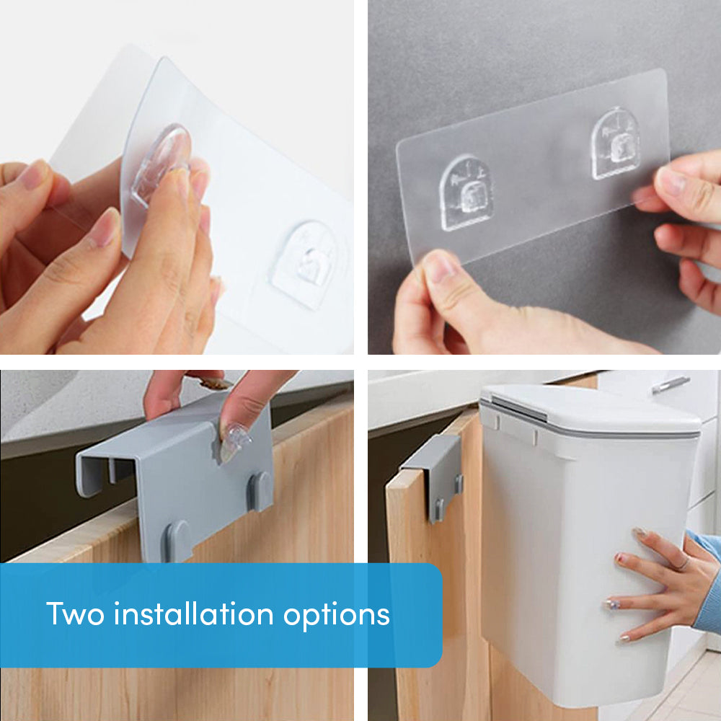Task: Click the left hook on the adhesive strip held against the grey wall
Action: point(466,193)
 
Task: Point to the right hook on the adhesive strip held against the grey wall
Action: point(615,144)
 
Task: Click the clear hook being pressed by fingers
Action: point(160,162)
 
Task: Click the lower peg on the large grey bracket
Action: point(179,541)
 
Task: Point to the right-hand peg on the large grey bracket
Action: point(260,490)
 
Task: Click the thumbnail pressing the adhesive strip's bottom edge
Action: point(438,266)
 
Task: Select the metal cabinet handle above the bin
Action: point(671,385)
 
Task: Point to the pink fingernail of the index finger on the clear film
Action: point(105,227)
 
